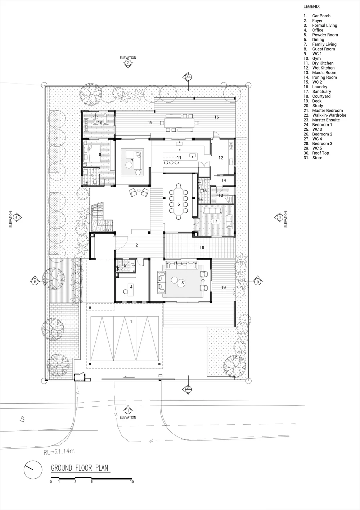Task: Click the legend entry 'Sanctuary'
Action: (x=321, y=91)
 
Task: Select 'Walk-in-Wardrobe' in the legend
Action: (x=329, y=115)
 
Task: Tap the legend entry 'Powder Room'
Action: (x=325, y=35)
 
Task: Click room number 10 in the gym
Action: (x=100, y=123)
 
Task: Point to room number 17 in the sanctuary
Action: (x=215, y=221)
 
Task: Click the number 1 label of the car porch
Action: (x=131, y=322)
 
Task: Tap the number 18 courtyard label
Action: (x=202, y=247)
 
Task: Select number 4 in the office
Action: (x=131, y=287)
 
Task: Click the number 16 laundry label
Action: (x=216, y=117)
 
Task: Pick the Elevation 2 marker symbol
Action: (x=128, y=64)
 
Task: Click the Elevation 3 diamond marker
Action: (x=279, y=217)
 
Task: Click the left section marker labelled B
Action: (x=35, y=282)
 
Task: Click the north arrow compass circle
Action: (x=33, y=469)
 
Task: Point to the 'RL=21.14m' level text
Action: (x=59, y=451)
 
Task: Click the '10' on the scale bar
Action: (x=132, y=482)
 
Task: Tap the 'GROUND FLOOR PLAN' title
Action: (x=80, y=468)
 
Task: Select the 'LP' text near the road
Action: (x=22, y=419)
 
